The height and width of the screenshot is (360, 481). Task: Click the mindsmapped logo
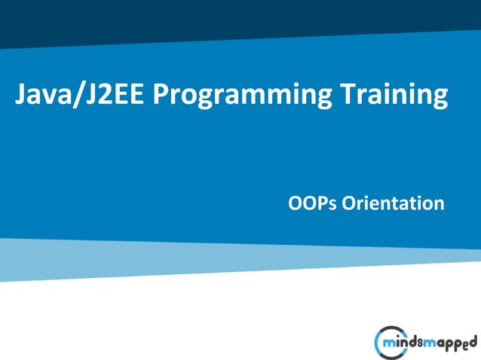(426, 343)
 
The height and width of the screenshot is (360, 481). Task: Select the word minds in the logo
(406, 343)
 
